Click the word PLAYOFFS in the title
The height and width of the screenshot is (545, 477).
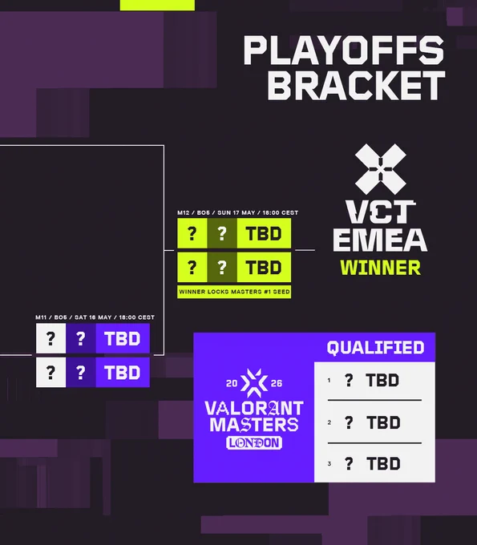point(343,50)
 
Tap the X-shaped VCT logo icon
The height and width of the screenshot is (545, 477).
point(380,169)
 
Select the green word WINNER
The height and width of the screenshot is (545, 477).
point(380,268)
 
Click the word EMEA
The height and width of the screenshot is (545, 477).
point(380,240)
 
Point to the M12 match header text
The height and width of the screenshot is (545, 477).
point(238,212)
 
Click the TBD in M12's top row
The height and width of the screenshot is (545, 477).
point(264,233)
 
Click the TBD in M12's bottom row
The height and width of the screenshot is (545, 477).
point(264,267)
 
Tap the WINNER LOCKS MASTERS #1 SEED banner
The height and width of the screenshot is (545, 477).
point(234,292)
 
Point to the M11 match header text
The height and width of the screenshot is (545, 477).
point(95,317)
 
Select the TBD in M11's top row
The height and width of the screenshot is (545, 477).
point(123,339)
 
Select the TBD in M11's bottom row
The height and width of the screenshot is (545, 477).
point(123,373)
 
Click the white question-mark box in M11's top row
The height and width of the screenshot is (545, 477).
point(51,338)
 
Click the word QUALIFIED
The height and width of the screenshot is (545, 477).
point(375,348)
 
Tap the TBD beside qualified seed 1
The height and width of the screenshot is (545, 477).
point(382,380)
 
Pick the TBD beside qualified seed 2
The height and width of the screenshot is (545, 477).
point(383,422)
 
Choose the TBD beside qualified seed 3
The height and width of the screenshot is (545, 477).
point(383,464)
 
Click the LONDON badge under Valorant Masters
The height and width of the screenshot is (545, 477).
point(254,442)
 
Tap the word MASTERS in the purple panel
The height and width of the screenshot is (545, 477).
point(254,425)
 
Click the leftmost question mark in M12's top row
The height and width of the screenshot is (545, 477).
point(192,233)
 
